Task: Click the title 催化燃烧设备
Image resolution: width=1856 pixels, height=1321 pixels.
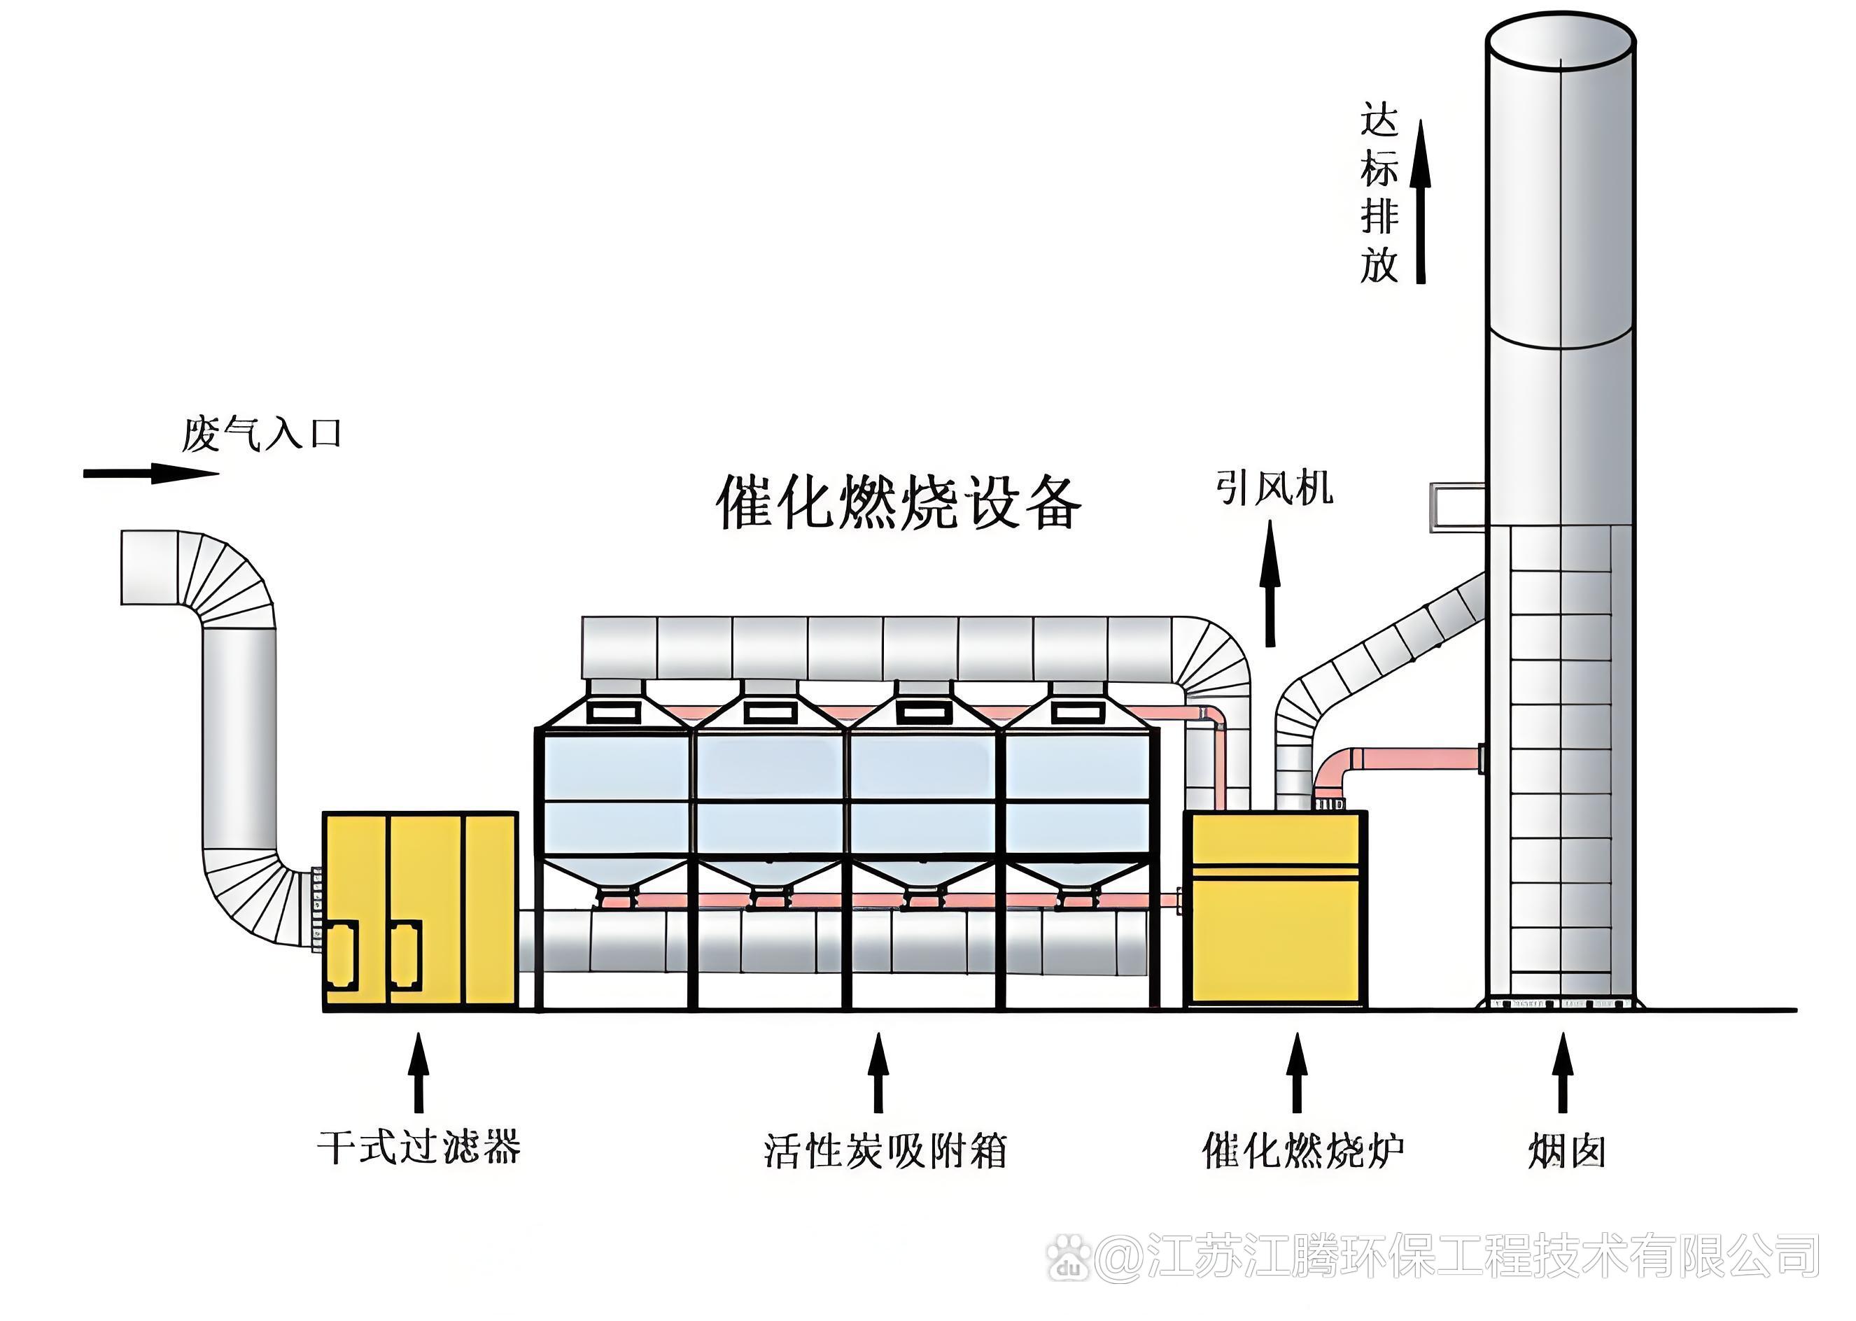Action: (x=899, y=502)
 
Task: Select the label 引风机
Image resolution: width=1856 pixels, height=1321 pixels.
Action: (x=1274, y=488)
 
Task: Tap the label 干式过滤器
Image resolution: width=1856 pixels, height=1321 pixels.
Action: (x=419, y=1147)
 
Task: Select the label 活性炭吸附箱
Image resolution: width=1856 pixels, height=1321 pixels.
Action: (x=885, y=1150)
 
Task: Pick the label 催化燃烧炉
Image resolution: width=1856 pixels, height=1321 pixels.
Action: (x=1302, y=1150)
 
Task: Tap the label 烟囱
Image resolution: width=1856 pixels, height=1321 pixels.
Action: (x=1566, y=1151)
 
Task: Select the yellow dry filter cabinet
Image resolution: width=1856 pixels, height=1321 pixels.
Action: (x=420, y=911)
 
